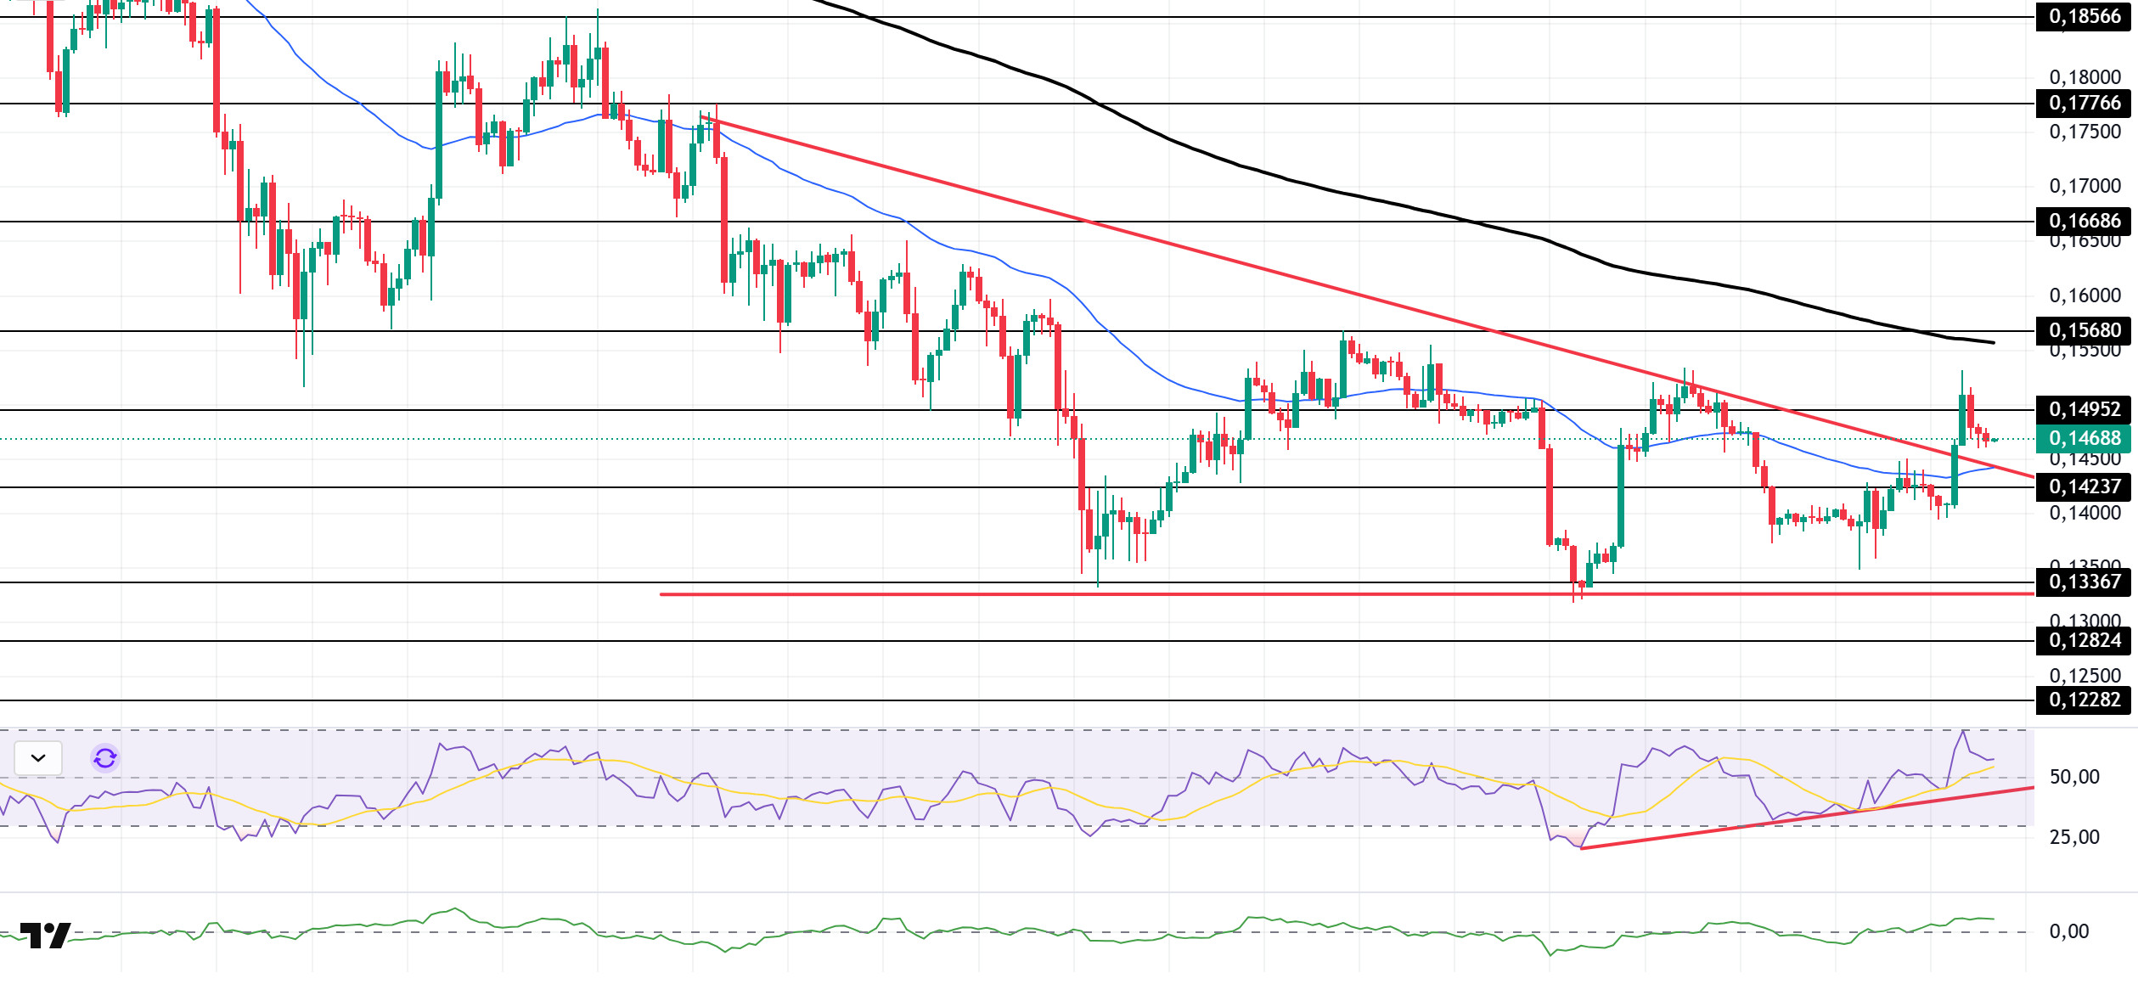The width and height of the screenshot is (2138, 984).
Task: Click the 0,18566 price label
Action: click(2085, 17)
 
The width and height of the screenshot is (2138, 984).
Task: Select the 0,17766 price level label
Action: click(2085, 104)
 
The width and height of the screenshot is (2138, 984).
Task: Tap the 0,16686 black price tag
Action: click(2085, 221)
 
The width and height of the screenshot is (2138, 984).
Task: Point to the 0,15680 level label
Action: click(2085, 330)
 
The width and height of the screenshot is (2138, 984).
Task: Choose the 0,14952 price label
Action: click(2085, 409)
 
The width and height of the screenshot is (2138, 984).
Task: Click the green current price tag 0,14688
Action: click(2085, 438)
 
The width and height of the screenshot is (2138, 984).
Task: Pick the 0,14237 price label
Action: click(2085, 486)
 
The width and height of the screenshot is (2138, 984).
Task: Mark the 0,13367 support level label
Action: click(2085, 582)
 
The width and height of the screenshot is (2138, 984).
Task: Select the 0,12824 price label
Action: click(2085, 640)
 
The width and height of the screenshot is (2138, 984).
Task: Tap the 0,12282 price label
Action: click(2085, 700)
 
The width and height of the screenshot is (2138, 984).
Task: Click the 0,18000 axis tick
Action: click(2085, 77)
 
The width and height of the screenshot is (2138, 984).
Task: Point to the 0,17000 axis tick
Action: click(2085, 186)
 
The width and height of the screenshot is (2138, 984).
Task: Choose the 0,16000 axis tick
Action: click(2085, 295)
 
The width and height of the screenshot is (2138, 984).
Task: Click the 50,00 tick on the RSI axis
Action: click(2074, 777)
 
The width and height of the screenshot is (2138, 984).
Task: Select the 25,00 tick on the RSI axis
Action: click(2074, 837)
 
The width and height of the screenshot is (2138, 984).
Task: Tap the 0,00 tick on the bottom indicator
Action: click(2069, 931)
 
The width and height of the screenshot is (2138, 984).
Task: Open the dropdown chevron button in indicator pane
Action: click(38, 758)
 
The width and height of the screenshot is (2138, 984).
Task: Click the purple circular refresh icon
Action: click(105, 758)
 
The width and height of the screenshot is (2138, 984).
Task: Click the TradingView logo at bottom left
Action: click(45, 936)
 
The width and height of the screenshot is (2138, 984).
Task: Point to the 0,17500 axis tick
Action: click(2085, 132)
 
